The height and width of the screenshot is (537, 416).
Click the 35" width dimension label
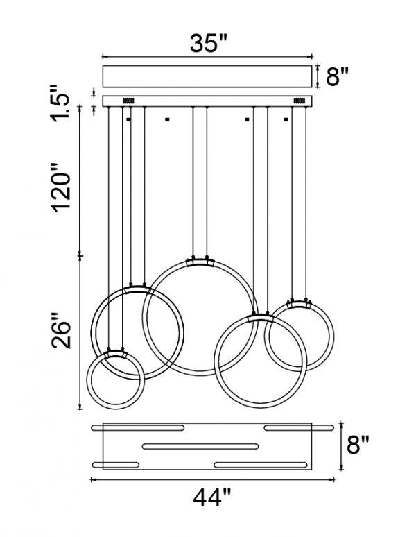(x=208, y=43)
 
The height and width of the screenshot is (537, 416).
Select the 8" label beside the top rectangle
(x=337, y=76)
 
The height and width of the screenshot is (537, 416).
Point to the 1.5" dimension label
(x=60, y=103)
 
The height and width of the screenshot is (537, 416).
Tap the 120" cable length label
(x=61, y=187)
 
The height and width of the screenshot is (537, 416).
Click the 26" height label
(x=61, y=330)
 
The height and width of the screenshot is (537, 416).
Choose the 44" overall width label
(x=212, y=498)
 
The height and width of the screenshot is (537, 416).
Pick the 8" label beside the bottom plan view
(x=358, y=445)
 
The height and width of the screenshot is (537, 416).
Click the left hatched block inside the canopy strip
(x=128, y=101)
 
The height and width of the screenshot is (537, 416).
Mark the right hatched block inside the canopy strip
(x=300, y=101)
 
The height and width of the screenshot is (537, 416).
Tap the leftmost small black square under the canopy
(x=129, y=119)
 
